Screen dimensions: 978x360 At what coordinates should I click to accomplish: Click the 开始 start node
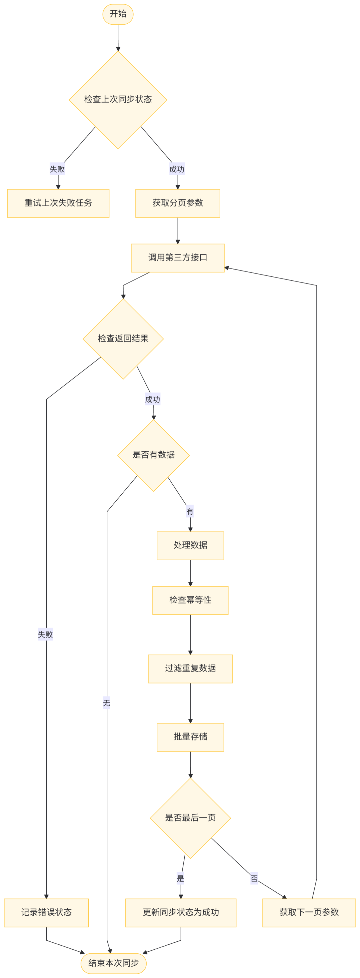(118, 14)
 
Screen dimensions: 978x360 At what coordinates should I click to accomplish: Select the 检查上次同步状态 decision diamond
(118, 100)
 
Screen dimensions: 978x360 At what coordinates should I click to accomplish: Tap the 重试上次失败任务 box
(58, 203)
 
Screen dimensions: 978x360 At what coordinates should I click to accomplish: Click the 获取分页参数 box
(178, 203)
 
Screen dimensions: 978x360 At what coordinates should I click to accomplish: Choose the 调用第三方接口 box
(178, 258)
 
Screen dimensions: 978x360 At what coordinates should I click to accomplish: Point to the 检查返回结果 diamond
(123, 339)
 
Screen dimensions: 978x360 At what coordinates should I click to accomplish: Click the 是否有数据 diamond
(153, 455)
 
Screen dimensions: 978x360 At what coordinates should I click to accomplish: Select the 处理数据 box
(190, 546)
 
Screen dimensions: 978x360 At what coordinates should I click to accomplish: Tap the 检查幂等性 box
(190, 600)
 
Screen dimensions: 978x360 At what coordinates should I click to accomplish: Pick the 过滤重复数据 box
(190, 669)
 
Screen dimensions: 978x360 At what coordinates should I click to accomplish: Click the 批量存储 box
(190, 737)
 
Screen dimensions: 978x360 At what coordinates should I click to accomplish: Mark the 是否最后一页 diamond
(190, 818)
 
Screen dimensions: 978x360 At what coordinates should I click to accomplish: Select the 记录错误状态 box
(46, 912)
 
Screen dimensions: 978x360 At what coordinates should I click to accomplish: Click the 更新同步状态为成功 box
(181, 912)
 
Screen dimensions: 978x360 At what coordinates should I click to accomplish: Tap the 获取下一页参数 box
(309, 912)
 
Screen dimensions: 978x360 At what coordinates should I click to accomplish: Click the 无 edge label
(106, 703)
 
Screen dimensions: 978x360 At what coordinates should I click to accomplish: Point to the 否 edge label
(254, 878)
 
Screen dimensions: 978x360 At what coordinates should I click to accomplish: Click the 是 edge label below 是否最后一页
(180, 878)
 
